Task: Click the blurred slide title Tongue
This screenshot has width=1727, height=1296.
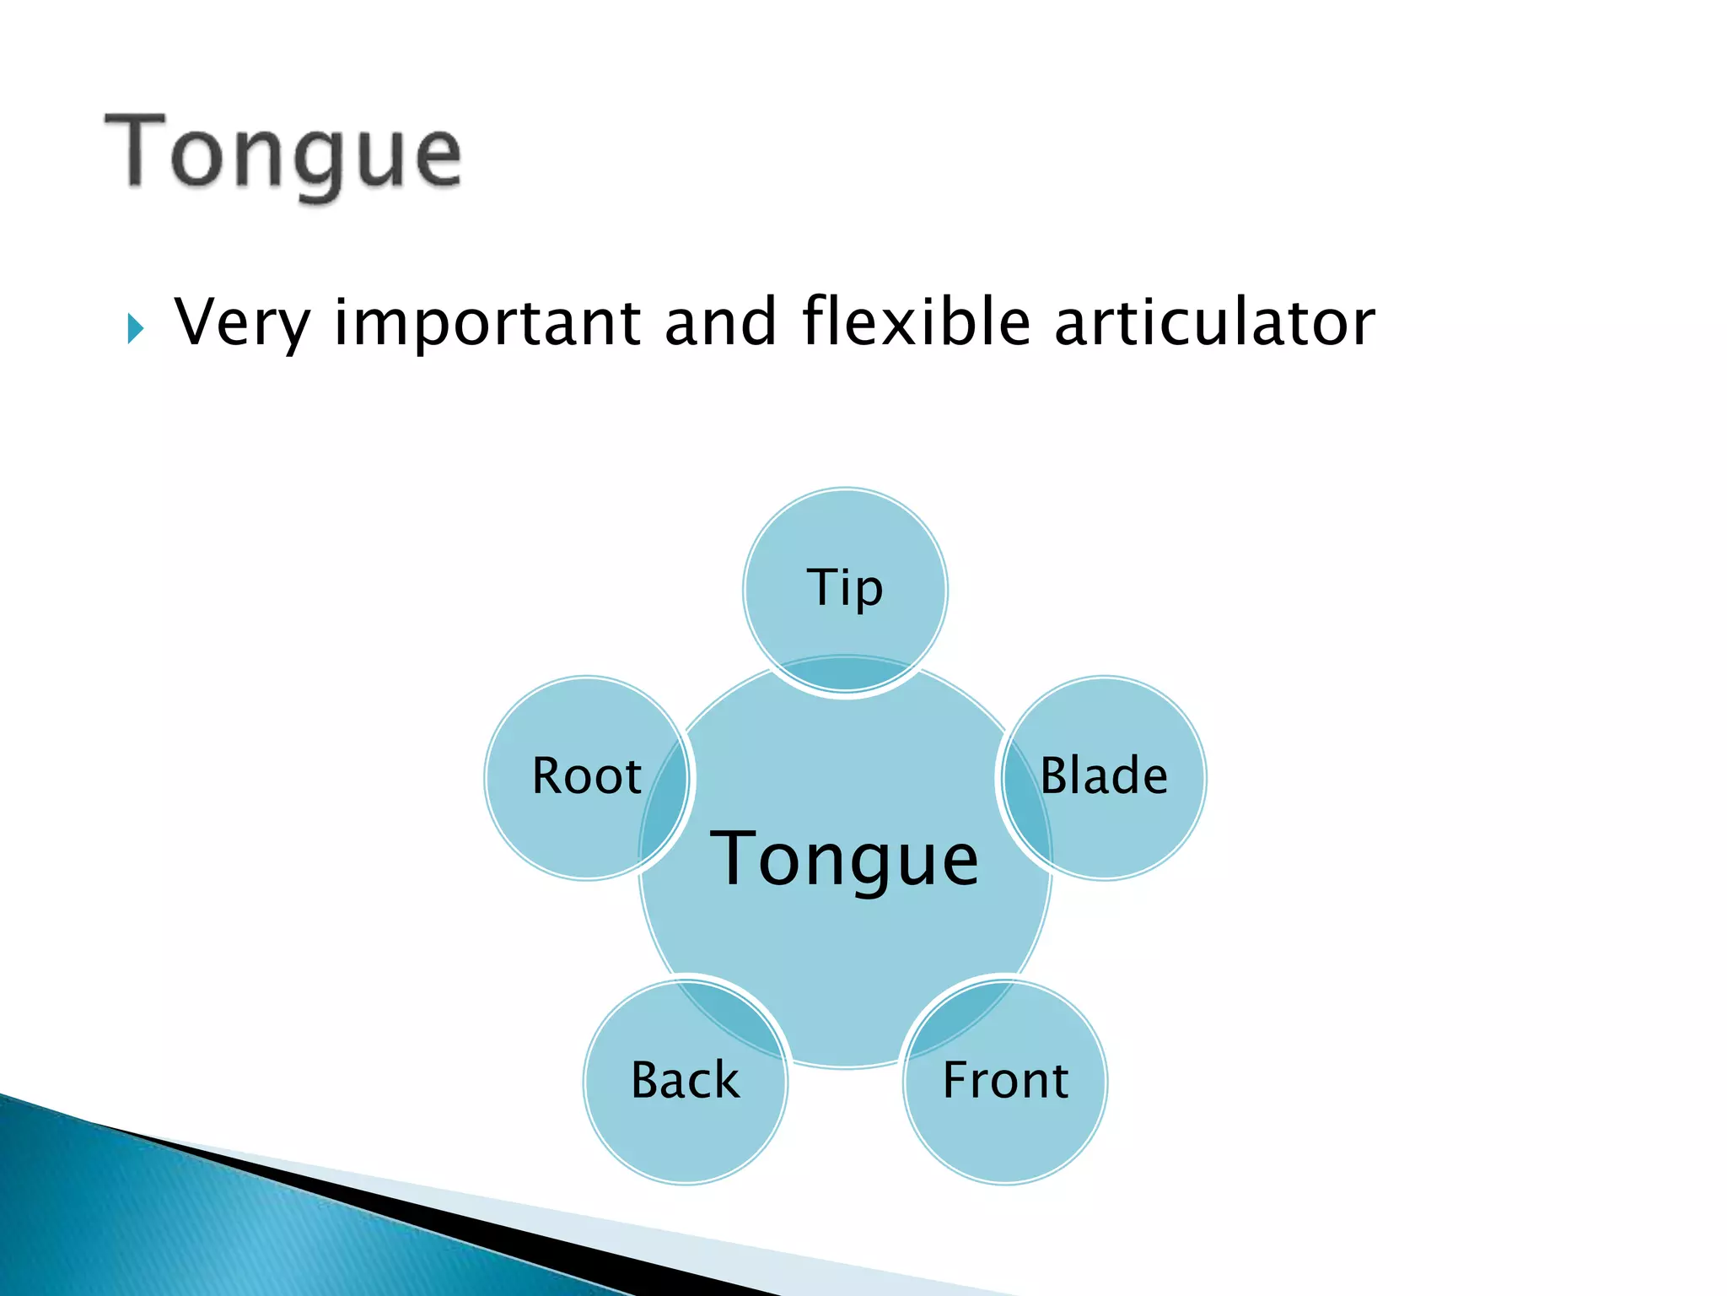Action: click(x=283, y=154)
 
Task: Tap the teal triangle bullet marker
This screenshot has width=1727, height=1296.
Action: click(x=136, y=328)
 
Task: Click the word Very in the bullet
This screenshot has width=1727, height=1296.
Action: click(x=242, y=323)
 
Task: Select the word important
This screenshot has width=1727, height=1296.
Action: click(x=487, y=323)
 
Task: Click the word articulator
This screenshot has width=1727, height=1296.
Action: click(x=1214, y=322)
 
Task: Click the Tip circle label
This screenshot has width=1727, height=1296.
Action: click(x=845, y=587)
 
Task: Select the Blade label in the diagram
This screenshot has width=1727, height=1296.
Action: click(x=1104, y=775)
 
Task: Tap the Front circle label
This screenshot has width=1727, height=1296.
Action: click(x=1005, y=1080)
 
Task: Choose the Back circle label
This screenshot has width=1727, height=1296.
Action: click(x=685, y=1080)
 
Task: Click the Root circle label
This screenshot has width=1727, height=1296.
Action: click(x=587, y=775)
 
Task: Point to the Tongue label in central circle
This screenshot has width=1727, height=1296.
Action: click(x=845, y=859)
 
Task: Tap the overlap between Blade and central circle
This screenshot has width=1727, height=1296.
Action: click(x=1027, y=810)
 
